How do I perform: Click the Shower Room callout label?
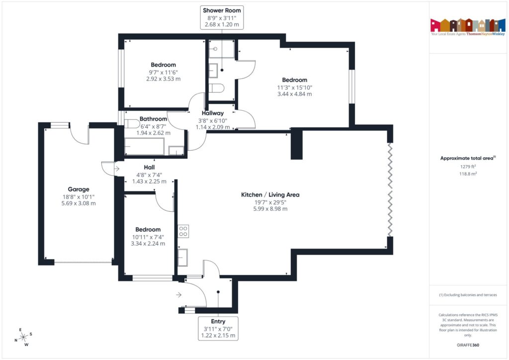point(221,10)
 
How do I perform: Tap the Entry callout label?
point(218,322)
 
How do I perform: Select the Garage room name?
point(79,189)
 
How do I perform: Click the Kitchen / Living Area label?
point(270,195)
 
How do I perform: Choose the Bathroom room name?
point(153,119)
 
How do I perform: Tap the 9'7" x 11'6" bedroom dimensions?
point(164,72)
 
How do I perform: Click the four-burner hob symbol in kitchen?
point(183,231)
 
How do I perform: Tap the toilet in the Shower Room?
point(217,88)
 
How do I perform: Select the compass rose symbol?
point(22,338)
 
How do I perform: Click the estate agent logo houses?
point(467,25)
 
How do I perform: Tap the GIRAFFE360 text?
point(468,345)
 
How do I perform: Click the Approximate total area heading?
point(467,159)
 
